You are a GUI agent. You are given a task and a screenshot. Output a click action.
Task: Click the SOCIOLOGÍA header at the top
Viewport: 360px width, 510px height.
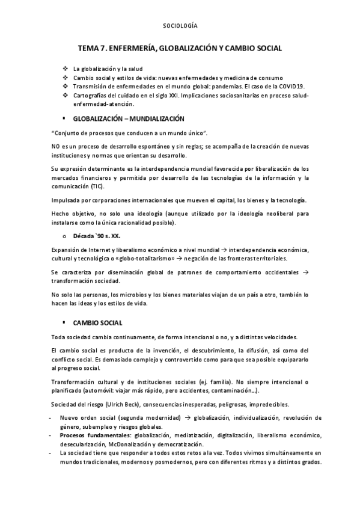180,26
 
